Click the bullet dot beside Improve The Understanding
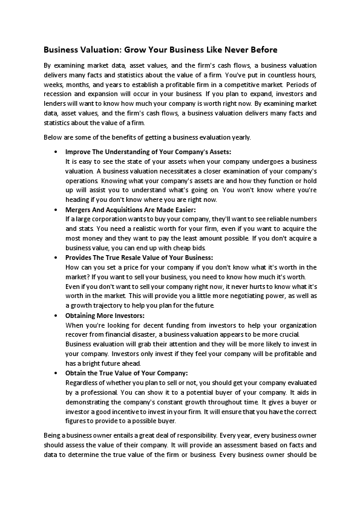tap(56, 152)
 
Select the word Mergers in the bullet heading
tap(79, 210)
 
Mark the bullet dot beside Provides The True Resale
tap(56, 258)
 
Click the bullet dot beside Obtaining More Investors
tap(56, 316)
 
